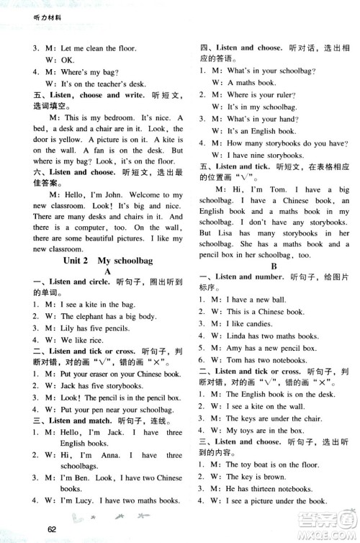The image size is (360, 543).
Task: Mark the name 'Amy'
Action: pos(236,347)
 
